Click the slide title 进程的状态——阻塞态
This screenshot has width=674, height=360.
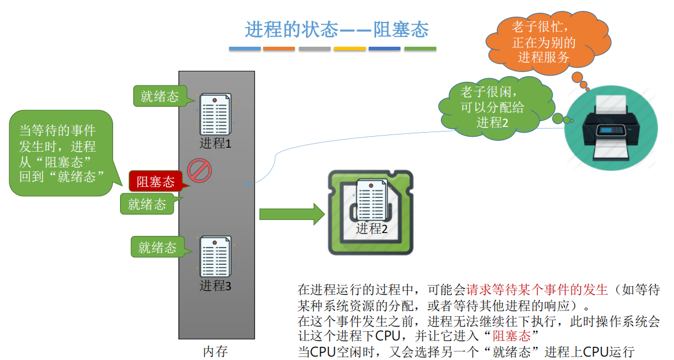point(337,29)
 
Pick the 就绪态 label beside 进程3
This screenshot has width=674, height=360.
point(157,247)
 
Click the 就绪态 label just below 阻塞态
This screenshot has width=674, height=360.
point(147,204)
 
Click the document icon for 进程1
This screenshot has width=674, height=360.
point(215,114)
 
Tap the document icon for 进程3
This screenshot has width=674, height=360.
point(215,257)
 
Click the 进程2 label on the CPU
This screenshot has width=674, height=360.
point(372,228)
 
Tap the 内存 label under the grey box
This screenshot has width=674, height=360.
point(216,351)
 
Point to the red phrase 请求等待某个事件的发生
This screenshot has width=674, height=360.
point(537,289)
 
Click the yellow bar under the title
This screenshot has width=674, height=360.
point(350,49)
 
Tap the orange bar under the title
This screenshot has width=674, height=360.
point(279,49)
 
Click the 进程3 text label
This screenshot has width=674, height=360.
point(215,286)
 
